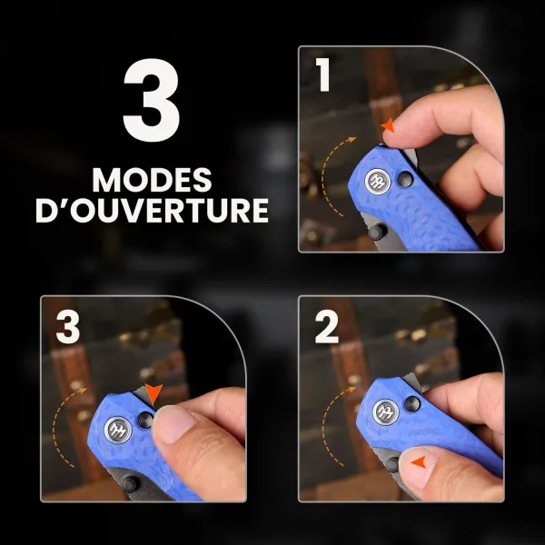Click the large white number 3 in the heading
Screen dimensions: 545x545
pyautogui.click(x=152, y=100)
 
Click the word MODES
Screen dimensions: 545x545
pyautogui.click(x=152, y=180)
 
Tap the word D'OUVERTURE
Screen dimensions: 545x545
pyautogui.click(x=152, y=211)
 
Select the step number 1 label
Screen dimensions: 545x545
pyautogui.click(x=323, y=74)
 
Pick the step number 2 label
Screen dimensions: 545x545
pyautogui.click(x=326, y=327)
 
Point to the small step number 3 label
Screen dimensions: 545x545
pyautogui.click(x=68, y=327)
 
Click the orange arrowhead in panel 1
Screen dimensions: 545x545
pyautogui.click(x=388, y=125)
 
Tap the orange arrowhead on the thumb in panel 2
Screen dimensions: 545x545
pyautogui.click(x=419, y=462)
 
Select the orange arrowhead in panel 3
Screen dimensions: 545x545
pyautogui.click(x=154, y=393)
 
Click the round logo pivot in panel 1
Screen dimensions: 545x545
pyautogui.click(x=378, y=181)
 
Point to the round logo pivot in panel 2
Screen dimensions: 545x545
pyautogui.click(x=386, y=411)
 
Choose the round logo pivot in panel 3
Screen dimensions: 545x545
pyautogui.click(x=118, y=430)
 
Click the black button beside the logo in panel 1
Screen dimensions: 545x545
pyautogui.click(x=405, y=179)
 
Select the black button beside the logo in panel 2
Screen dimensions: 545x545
pyautogui.click(x=412, y=404)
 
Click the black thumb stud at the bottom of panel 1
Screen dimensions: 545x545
pyautogui.click(x=377, y=232)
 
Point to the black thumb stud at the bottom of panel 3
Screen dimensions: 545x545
pyautogui.click(x=130, y=484)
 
